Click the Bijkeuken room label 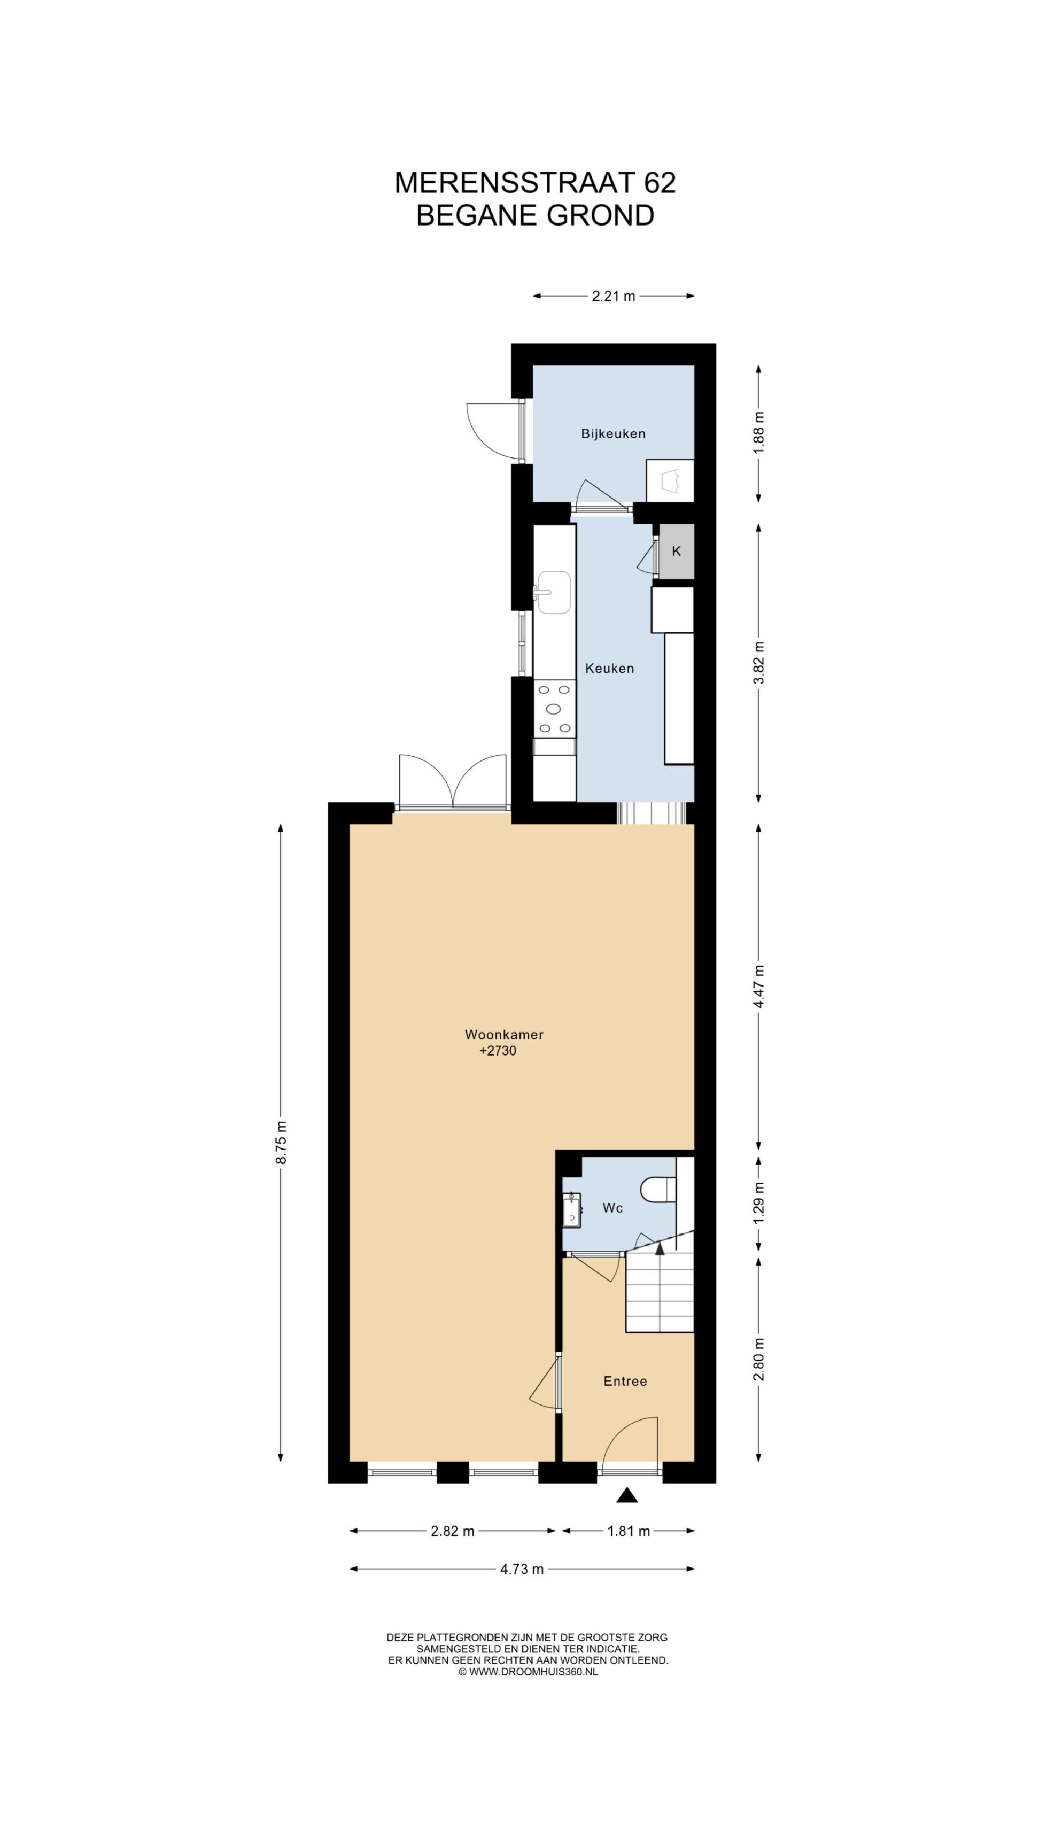613,434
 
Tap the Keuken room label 609,668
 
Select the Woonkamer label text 504,1035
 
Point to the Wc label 612,1208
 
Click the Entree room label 625,1381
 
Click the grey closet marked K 676,552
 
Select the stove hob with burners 554,709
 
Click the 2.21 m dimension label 613,296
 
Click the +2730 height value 498,1052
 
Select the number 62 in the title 660,183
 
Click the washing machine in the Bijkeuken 670,480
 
